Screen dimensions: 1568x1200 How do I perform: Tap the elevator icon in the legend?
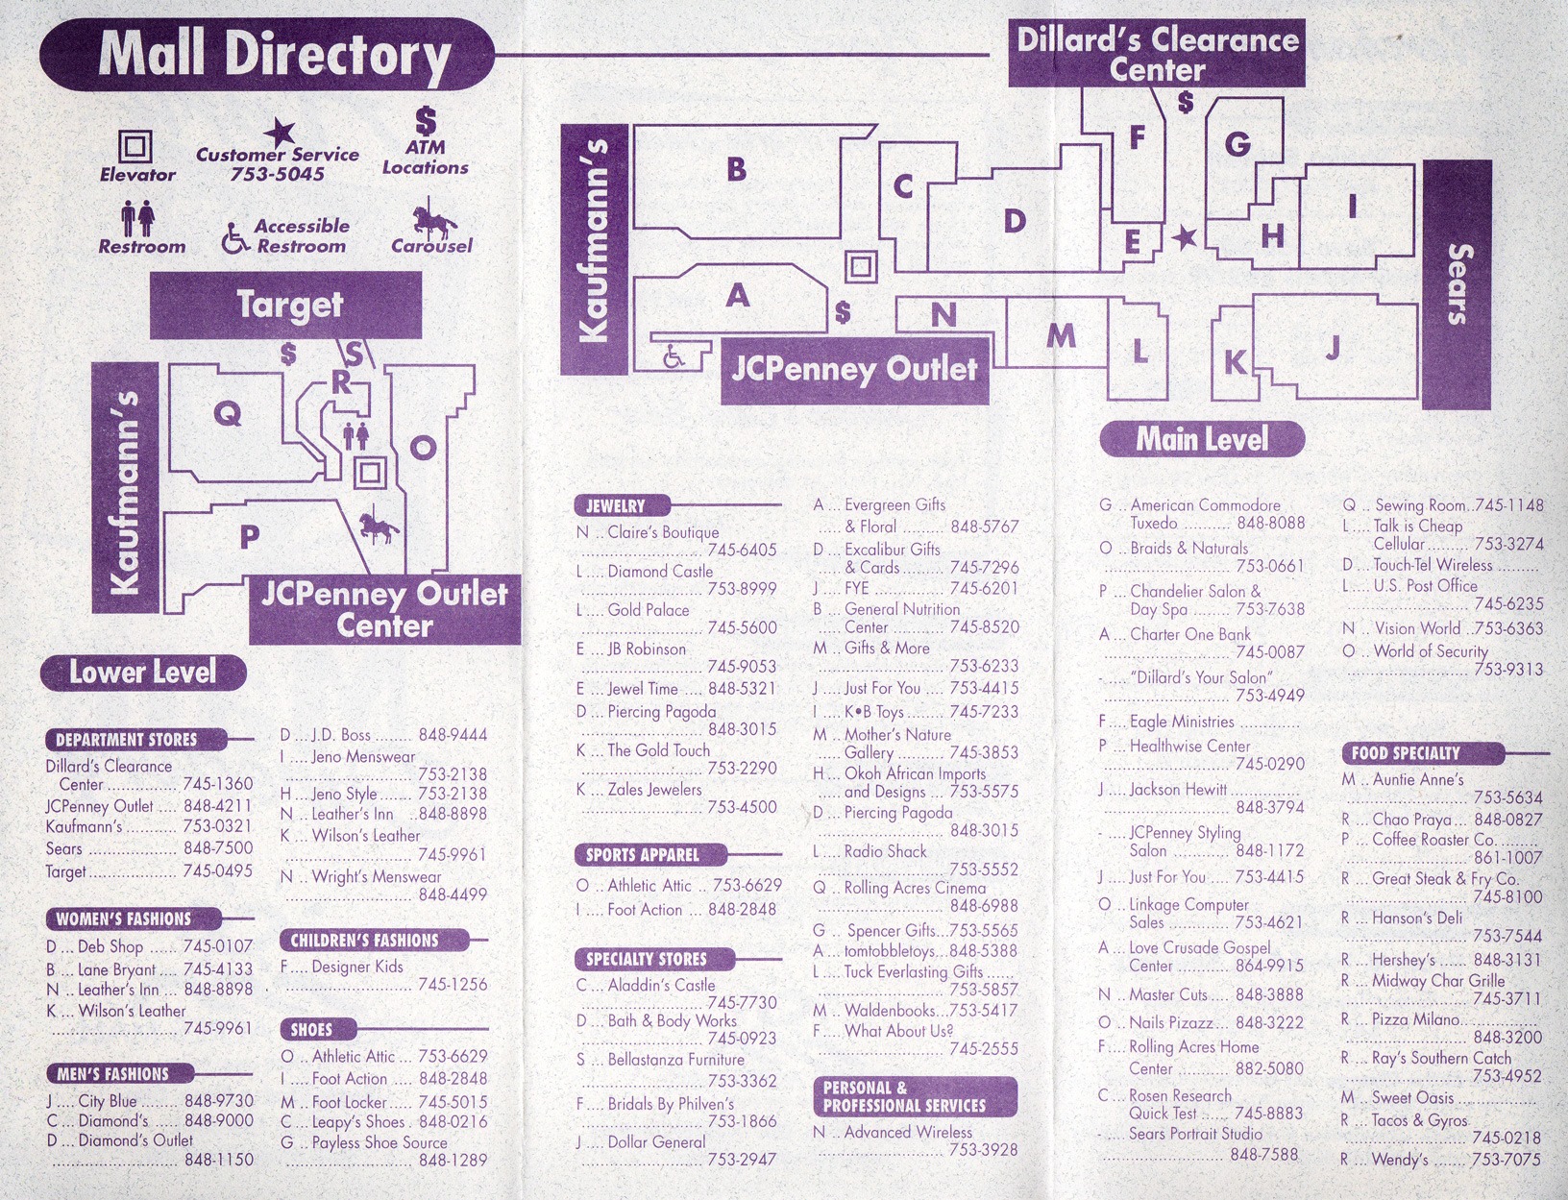135,146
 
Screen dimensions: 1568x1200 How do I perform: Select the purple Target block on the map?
285,305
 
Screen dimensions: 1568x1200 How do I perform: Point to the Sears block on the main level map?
1457,284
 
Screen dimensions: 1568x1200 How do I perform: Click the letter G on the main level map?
1237,144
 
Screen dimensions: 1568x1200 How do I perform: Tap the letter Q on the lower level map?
227,413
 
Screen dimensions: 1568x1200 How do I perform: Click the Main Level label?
1202,439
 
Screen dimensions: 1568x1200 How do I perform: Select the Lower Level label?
143,673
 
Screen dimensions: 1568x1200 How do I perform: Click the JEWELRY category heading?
616,506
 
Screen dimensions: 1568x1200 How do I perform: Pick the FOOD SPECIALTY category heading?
1406,753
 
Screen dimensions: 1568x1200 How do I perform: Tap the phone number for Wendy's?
1506,1159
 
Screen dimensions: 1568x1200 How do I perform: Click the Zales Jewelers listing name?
654,790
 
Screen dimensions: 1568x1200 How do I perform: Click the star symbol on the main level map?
1184,238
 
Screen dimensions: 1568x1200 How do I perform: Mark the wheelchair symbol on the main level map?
673,356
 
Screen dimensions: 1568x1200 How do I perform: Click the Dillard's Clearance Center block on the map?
1157,54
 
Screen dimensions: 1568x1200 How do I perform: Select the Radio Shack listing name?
885,851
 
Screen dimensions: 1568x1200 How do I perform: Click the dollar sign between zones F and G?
1186,102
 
